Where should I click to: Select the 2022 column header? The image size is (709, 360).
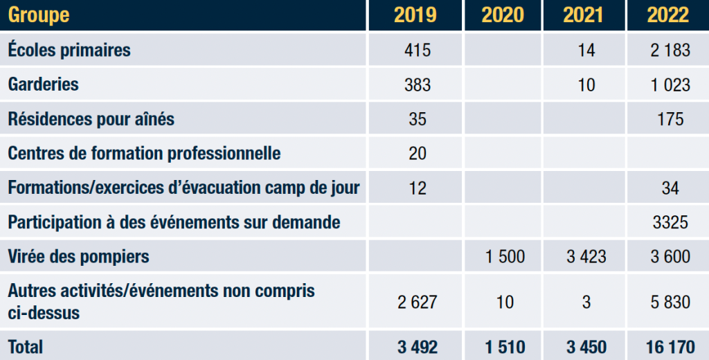click(668, 15)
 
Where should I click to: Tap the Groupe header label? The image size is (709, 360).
click(39, 15)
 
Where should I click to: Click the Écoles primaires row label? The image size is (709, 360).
click(69, 50)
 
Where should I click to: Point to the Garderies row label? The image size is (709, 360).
click(44, 84)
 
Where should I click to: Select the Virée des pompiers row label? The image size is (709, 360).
click(78, 257)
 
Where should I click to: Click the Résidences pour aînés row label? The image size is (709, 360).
click(91, 119)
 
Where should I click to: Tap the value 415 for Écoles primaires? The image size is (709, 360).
click(418, 50)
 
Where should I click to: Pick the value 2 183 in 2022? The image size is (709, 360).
click(668, 50)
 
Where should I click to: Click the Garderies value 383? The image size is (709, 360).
click(418, 84)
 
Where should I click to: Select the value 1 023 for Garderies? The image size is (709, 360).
click(668, 84)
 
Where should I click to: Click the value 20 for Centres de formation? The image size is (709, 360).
click(418, 153)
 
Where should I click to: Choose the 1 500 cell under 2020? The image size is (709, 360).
click(503, 257)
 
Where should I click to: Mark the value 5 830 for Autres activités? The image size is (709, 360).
click(668, 302)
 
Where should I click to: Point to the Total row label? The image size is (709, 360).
click(26, 346)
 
